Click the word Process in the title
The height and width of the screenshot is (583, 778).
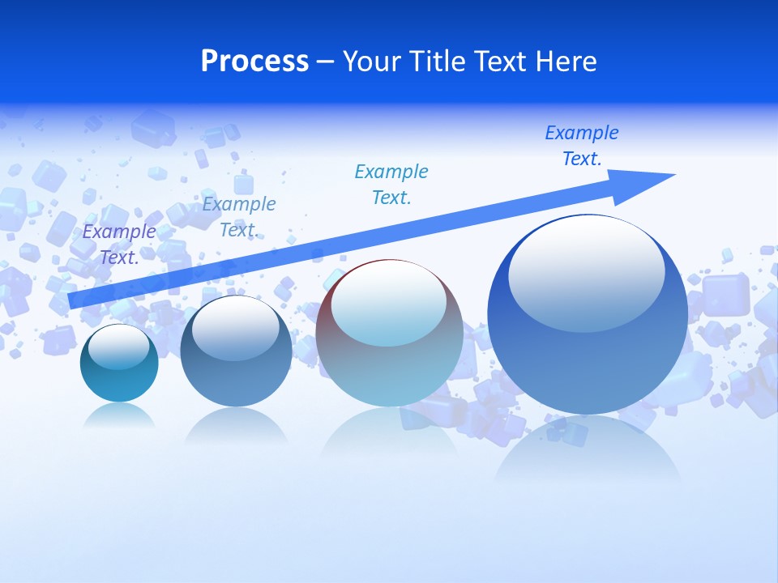point(254,62)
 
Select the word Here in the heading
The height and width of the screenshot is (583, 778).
point(566,62)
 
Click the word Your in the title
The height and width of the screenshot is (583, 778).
point(373,62)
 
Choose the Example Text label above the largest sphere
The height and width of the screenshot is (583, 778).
point(581,146)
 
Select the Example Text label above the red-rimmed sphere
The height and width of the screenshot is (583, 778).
point(391,185)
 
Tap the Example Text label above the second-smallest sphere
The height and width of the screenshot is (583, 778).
point(239,217)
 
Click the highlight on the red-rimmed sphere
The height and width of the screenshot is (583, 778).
point(388,304)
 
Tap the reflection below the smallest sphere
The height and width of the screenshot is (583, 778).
point(119,415)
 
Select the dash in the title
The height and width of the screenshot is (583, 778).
point(326,62)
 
